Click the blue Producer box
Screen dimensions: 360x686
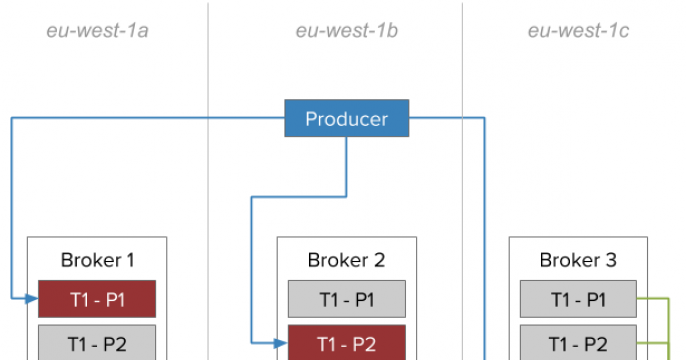tap(346, 119)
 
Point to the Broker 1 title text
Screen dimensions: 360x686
tap(97, 260)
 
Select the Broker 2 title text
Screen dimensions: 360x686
tap(346, 260)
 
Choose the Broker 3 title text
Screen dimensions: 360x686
tap(578, 260)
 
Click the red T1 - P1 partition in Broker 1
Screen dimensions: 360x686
tap(97, 298)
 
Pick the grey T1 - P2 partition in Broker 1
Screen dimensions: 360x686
tap(97, 343)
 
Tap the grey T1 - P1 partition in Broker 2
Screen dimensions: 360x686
tap(346, 298)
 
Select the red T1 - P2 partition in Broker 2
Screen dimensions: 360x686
tap(346, 343)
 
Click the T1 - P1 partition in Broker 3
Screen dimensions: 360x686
tap(578, 298)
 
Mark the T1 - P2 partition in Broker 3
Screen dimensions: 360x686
tap(578, 343)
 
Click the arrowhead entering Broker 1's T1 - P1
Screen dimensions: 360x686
tap(32, 298)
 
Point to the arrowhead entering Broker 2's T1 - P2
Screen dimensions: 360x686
tap(282, 343)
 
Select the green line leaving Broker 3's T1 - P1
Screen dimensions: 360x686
tap(652, 298)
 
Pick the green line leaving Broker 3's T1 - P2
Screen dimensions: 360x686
tap(652, 343)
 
